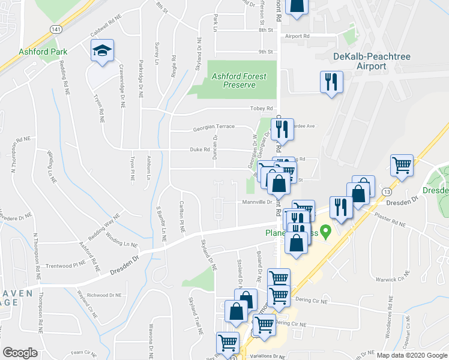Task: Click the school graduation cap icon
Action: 102,51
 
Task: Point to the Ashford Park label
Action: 43,52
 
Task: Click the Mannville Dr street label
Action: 258,202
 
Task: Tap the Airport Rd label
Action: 297,37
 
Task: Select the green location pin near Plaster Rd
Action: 326,230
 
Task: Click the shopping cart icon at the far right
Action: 402,164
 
